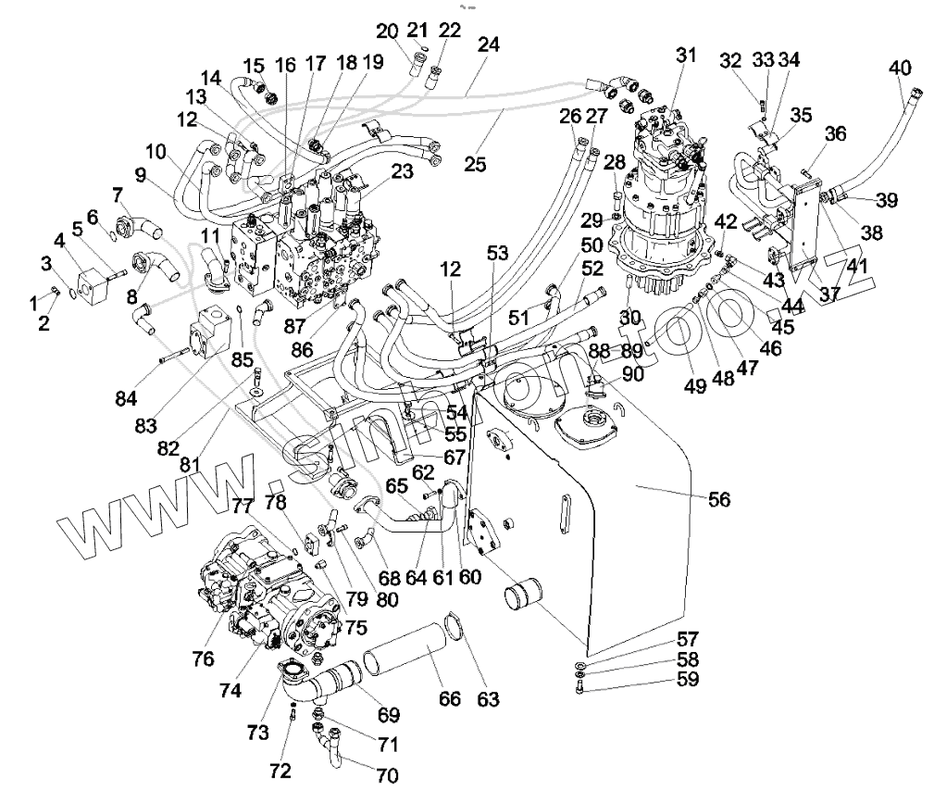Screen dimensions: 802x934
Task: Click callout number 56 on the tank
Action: pyautogui.click(x=718, y=499)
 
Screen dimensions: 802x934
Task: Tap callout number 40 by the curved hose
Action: pyautogui.click(x=899, y=69)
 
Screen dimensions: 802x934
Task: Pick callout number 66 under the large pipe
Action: pyautogui.click(x=449, y=698)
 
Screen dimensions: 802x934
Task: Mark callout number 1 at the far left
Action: pyautogui.click(x=34, y=302)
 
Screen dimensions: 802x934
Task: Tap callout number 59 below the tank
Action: pyautogui.click(x=687, y=681)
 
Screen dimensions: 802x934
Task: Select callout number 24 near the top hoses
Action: pyautogui.click(x=488, y=44)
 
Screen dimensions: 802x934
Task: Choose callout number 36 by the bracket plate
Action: pyautogui.click(x=835, y=133)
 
